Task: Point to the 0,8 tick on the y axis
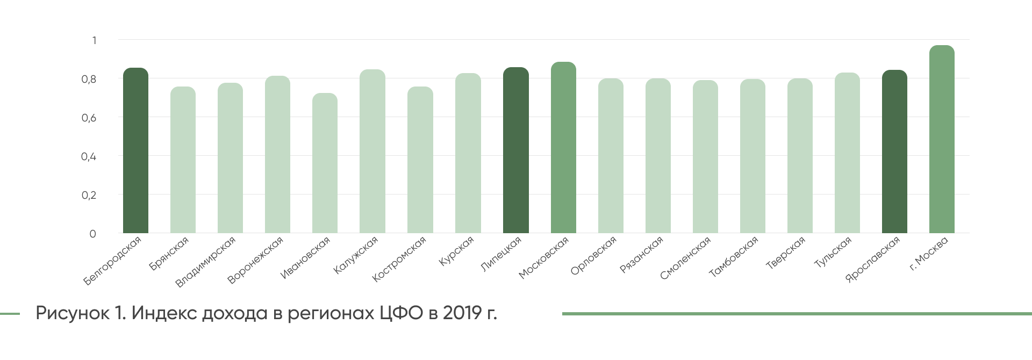89,79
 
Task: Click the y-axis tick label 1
94,40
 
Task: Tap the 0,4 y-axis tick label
89,156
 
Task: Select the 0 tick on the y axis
93,234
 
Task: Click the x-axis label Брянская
169,253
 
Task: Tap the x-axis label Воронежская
255,260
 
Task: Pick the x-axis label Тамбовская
734,256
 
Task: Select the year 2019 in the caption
462,313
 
